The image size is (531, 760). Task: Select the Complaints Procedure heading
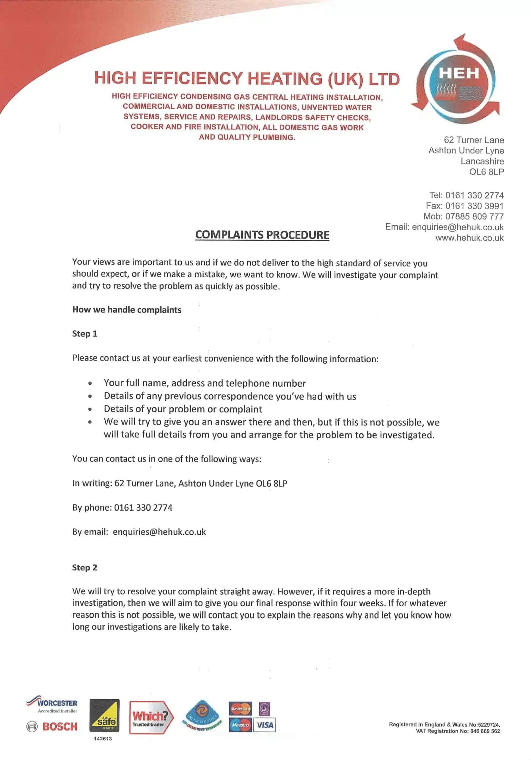tap(262, 235)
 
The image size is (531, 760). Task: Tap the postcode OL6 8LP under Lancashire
tap(486, 172)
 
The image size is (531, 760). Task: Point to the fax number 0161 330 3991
tap(474, 206)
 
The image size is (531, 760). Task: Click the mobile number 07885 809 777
tap(474, 216)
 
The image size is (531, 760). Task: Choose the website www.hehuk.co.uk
tap(469, 238)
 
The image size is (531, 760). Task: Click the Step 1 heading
tap(84, 334)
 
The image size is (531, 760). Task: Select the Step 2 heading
tap(84, 567)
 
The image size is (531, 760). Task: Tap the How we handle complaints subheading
tap(127, 310)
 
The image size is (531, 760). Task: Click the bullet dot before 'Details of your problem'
tap(90, 409)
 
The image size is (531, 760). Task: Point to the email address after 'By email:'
tap(159, 532)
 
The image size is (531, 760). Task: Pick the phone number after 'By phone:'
tap(143, 507)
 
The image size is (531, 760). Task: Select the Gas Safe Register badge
tap(104, 715)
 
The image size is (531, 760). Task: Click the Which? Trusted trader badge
tap(150, 717)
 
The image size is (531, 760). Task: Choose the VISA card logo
tap(265, 725)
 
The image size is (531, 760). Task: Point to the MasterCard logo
tap(240, 709)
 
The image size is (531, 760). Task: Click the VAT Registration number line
tap(458, 731)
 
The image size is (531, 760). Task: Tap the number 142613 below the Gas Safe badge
tap(103, 739)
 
